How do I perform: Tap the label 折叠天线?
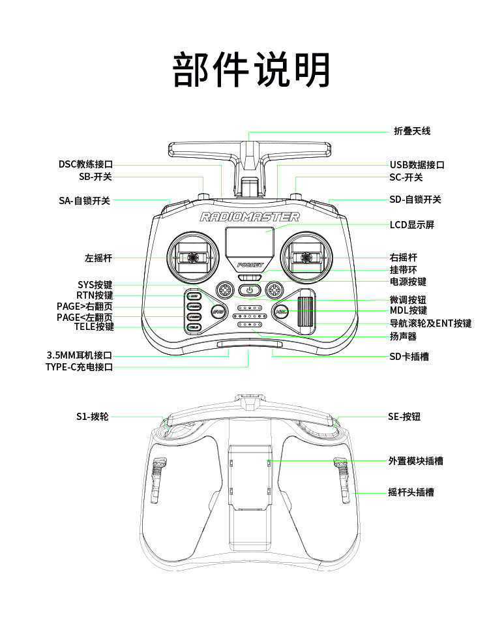pos(412,131)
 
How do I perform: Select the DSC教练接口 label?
pos(85,164)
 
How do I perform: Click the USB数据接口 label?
pos(417,165)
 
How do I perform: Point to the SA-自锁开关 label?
pos(85,201)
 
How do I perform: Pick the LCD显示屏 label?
pos(412,225)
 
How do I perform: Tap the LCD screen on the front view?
pos(249,242)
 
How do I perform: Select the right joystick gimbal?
pos(307,258)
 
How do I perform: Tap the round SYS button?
pos(217,311)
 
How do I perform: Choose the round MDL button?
pos(281,311)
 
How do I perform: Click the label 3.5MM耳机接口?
pos(80,355)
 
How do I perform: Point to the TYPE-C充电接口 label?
pos(79,367)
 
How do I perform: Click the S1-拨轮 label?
pos(92,416)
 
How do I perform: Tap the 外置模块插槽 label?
pos(416,461)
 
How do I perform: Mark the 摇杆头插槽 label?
pos(411,492)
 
